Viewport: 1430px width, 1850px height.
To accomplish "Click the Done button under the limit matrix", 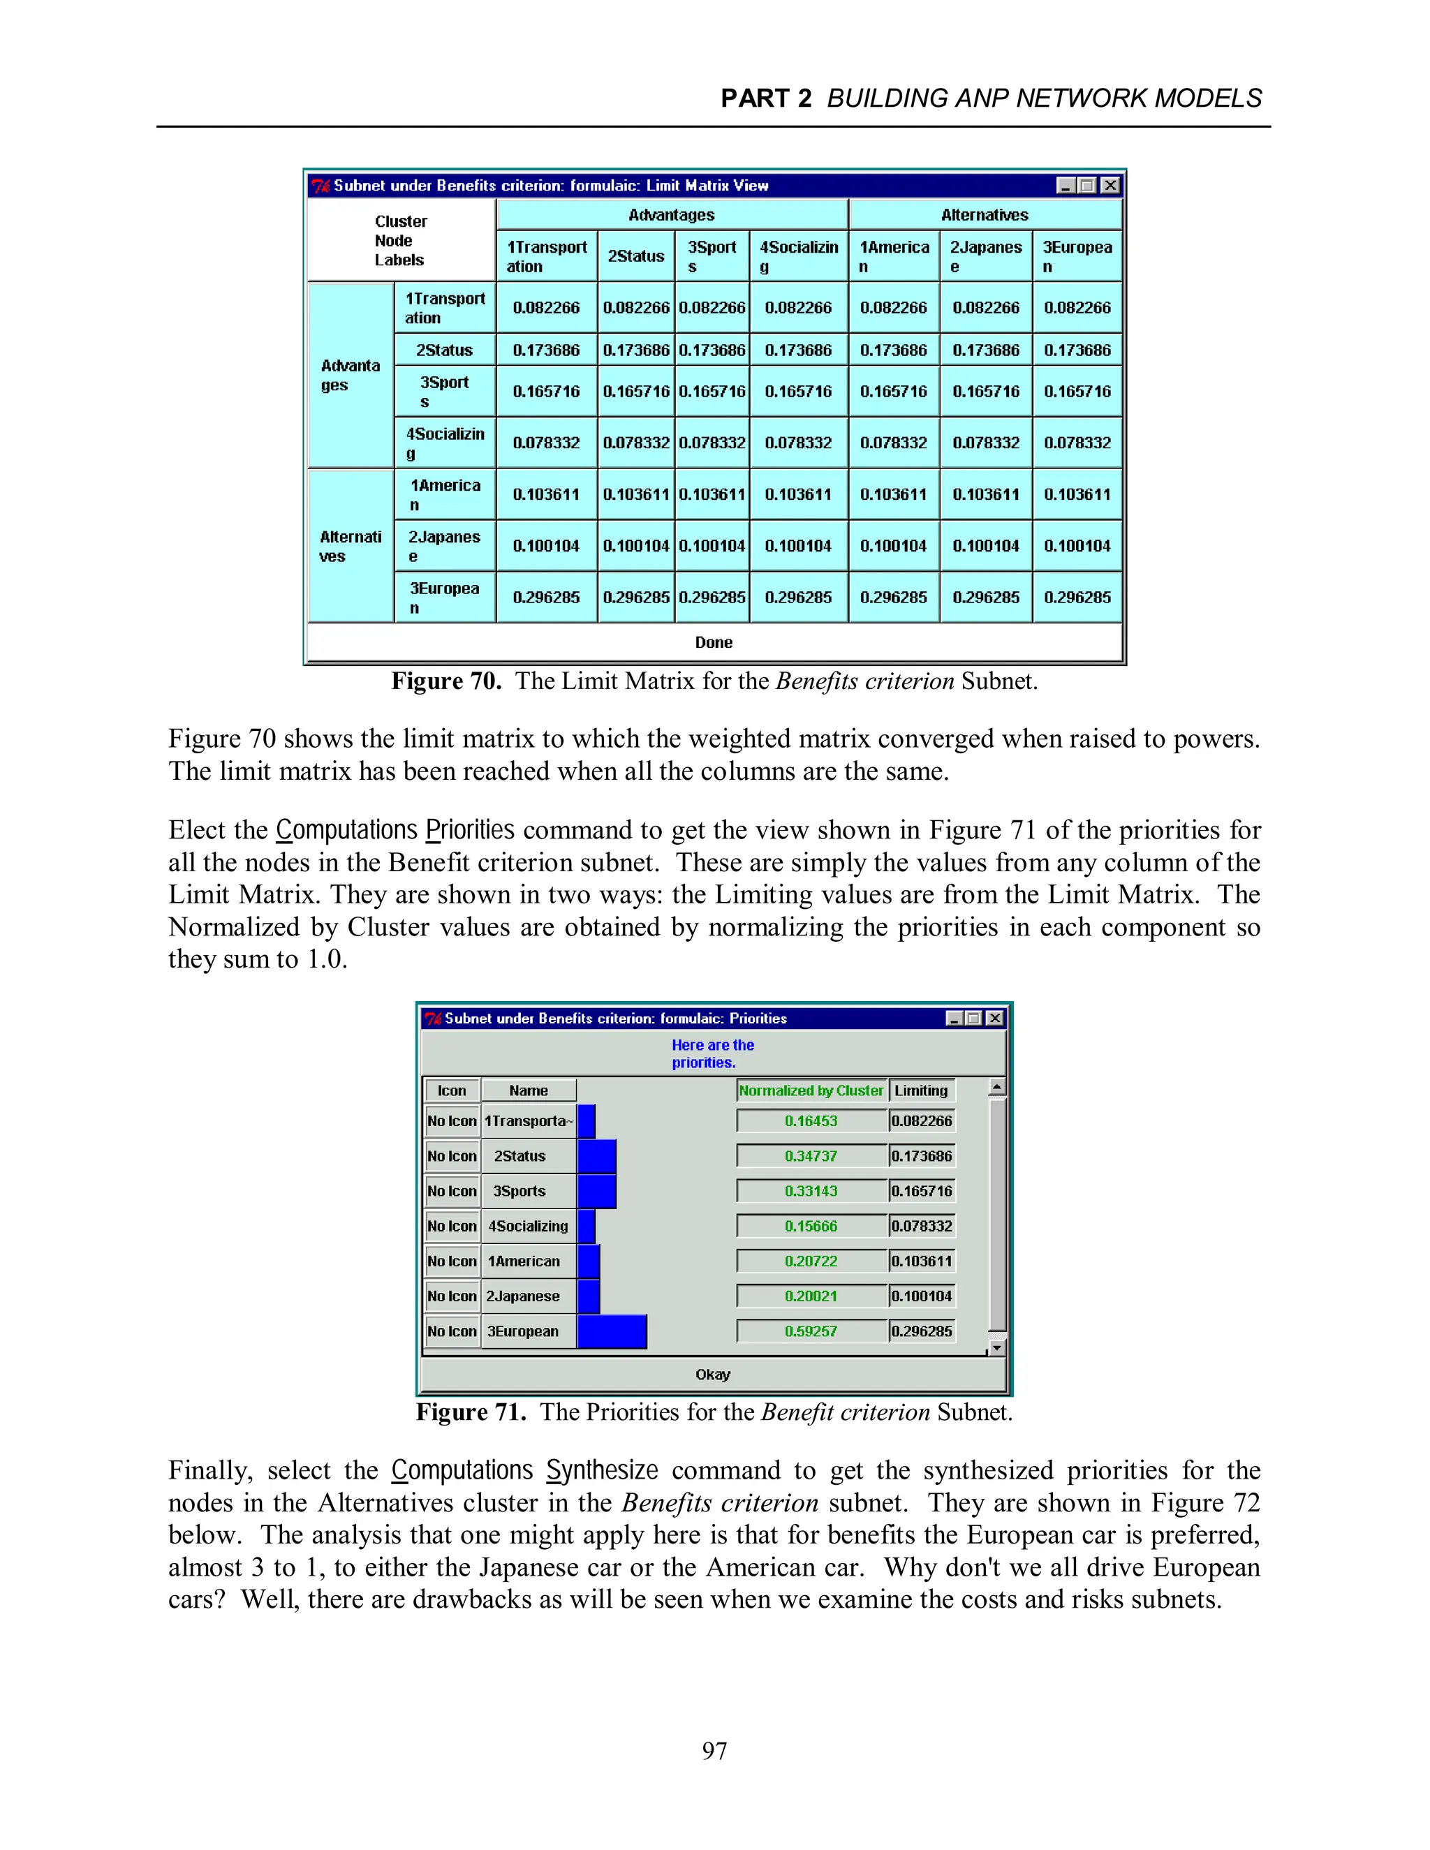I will point(714,642).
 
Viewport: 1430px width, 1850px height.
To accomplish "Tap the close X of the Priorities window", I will point(996,1018).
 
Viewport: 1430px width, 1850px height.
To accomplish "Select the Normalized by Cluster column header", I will point(811,1091).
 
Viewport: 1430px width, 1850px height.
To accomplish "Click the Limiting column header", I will point(921,1091).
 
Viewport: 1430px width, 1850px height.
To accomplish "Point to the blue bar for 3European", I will point(612,1331).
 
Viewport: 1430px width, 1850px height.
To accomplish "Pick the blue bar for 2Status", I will point(596,1156).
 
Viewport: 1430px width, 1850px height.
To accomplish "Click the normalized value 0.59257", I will point(811,1331).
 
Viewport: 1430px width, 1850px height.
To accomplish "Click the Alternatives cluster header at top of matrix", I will point(985,215).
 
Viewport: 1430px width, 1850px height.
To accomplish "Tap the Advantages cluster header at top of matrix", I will point(671,215).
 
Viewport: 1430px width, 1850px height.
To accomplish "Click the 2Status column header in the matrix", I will point(635,256).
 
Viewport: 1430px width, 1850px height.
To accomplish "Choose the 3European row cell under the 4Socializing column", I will point(798,597).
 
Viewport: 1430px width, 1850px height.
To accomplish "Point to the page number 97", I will point(714,1750).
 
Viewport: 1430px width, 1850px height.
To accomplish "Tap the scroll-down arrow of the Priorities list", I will point(997,1347).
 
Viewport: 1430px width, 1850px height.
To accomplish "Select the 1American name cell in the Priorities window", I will point(524,1261).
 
